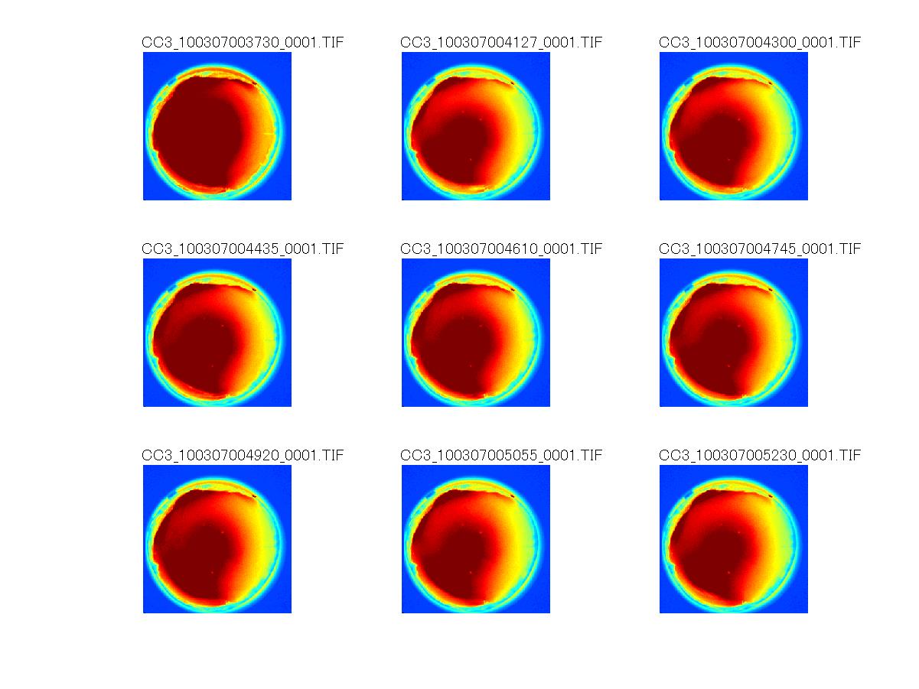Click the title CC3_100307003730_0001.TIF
243,43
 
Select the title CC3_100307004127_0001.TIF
501,43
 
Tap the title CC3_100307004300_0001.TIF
760,43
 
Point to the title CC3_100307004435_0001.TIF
243,249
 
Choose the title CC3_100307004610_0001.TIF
501,249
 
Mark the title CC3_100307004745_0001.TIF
760,249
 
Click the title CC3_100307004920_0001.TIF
243,456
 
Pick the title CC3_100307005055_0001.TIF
501,456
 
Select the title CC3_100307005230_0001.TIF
760,456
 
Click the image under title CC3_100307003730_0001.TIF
217,126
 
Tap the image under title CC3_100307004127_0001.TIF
476,126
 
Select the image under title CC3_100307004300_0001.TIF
734,126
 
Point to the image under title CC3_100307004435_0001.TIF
217,333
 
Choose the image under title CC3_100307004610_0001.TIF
476,333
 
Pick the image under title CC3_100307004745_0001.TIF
734,333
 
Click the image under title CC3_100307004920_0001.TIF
217,539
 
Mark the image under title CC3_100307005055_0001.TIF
476,539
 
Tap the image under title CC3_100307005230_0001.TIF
734,539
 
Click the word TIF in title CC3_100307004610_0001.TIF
592,249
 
